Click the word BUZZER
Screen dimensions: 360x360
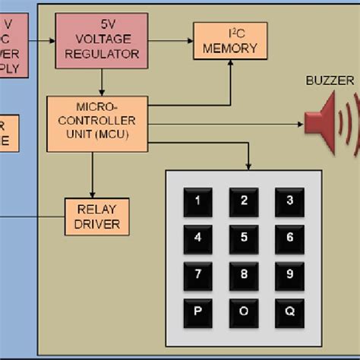[330, 80]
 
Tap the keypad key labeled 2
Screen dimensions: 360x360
[244, 201]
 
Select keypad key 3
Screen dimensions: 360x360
[289, 201]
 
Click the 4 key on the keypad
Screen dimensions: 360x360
[198, 238]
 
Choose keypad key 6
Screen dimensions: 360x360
[289, 238]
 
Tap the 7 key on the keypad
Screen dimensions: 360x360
[198, 274]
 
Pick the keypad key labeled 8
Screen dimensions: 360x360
[244, 274]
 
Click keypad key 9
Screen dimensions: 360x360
[289, 274]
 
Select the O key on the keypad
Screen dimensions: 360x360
[244, 311]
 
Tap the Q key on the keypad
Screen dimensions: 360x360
[289, 311]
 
